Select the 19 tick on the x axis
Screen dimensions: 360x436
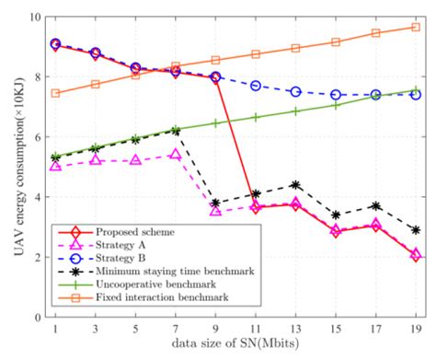coord(415,330)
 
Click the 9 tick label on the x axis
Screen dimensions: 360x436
coord(215,330)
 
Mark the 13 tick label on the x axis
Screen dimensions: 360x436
coord(295,330)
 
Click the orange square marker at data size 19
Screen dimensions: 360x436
coord(415,28)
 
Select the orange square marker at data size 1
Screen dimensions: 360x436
coord(55,93)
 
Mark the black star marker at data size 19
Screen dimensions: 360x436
coord(415,230)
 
